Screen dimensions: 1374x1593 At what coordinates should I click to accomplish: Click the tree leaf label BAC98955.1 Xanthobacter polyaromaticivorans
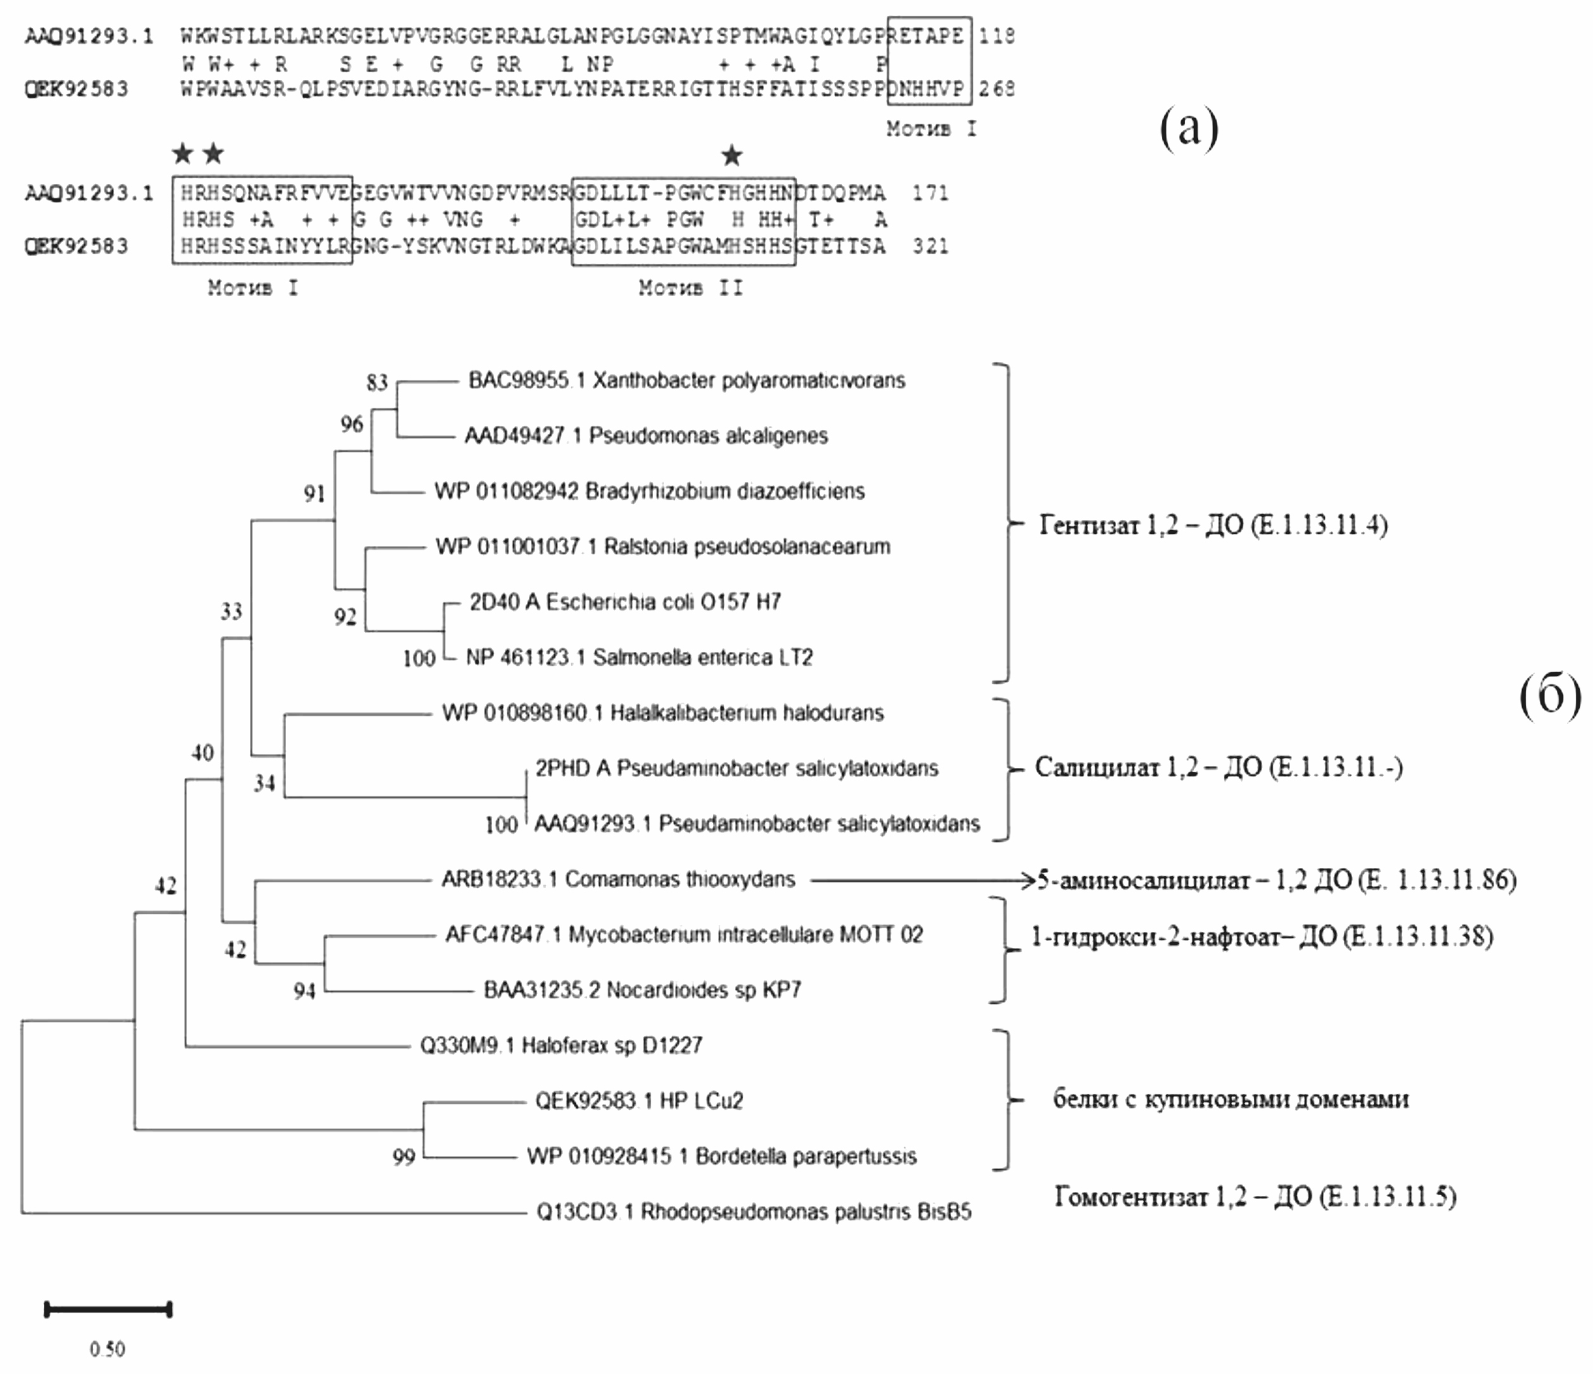687,380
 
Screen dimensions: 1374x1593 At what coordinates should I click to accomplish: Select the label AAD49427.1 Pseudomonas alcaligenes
646,436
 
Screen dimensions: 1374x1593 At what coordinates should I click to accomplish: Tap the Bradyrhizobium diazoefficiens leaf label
649,491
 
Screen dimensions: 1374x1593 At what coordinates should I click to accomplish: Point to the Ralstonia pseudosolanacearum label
663,547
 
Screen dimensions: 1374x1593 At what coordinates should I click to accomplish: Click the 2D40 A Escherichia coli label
625,602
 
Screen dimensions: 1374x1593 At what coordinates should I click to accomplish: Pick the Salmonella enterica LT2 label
639,658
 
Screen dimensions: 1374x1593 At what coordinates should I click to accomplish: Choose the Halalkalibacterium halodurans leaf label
663,713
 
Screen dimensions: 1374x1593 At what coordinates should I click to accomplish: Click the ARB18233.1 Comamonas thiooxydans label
618,879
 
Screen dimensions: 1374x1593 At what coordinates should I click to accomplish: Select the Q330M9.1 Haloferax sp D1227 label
561,1045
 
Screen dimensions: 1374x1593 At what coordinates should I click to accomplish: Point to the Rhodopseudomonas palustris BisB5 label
753,1212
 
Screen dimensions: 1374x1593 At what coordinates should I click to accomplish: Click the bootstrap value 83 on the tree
377,382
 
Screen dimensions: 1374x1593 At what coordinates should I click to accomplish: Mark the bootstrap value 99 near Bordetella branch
403,1157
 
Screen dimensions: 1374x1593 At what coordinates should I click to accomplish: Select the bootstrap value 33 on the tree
231,611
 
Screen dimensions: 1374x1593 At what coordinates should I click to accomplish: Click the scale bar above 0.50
108,1309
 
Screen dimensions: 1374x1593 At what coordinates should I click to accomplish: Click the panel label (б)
1550,696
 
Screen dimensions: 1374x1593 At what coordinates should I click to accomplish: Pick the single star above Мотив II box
731,155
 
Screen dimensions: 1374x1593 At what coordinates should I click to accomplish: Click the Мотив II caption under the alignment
691,288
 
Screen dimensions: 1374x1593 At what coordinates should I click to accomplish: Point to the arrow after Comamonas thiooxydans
922,879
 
